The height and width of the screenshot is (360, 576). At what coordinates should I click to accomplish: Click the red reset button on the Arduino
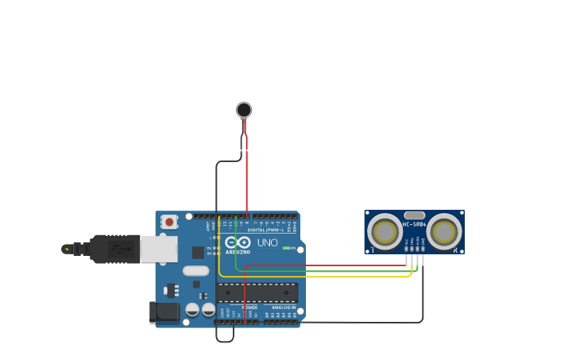(168, 223)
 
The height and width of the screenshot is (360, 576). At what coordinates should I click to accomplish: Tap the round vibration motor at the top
(244, 110)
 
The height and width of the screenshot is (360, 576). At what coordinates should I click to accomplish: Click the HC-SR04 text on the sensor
(414, 224)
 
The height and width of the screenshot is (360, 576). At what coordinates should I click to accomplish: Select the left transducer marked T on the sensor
(385, 232)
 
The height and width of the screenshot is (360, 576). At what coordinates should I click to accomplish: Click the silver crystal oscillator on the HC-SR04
(414, 215)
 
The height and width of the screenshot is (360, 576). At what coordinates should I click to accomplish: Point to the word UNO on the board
(267, 242)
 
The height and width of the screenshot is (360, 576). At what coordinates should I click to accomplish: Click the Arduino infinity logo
(238, 242)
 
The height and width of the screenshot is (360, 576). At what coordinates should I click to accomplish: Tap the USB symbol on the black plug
(119, 249)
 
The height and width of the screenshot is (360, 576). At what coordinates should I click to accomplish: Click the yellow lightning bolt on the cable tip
(67, 249)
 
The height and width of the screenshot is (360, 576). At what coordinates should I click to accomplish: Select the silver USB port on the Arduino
(159, 249)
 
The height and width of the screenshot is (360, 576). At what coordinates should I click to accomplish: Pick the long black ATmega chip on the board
(257, 292)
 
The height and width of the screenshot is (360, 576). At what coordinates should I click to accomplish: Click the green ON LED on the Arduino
(287, 249)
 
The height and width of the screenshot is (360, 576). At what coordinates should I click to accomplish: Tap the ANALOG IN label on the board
(284, 308)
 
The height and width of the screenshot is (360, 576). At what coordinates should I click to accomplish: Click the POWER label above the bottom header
(249, 308)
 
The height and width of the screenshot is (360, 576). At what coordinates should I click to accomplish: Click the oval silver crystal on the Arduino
(195, 270)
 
